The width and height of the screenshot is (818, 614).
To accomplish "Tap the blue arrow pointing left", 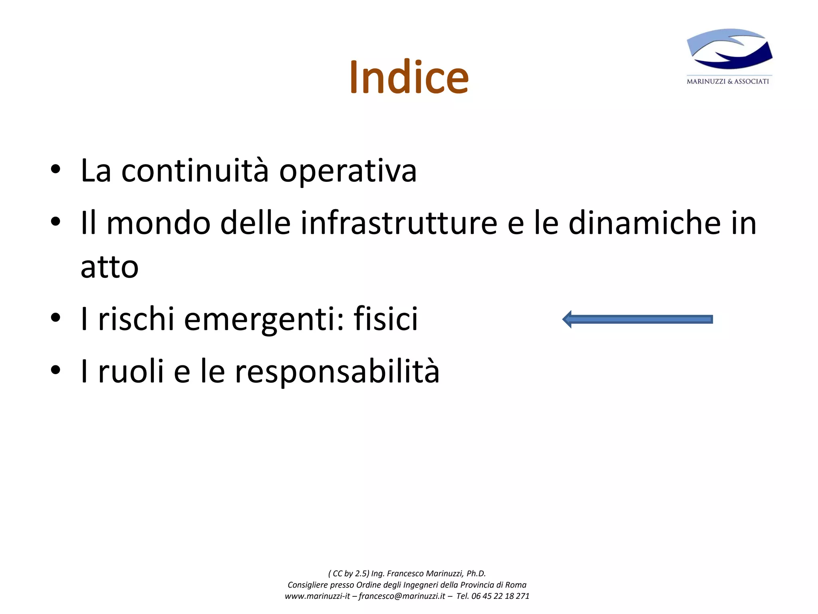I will (637, 319).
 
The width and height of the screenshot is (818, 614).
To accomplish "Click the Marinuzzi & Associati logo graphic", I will (729, 49).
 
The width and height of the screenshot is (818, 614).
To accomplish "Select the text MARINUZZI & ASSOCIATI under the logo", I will (728, 82).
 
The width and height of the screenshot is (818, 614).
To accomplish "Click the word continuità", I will (195, 171).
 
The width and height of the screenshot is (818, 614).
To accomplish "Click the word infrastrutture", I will (399, 223).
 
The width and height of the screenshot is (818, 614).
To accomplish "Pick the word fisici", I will (385, 319).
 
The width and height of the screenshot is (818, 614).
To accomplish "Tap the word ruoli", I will (131, 371).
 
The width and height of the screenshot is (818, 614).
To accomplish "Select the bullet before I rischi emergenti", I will (56, 318).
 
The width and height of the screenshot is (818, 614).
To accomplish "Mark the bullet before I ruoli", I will (56, 370).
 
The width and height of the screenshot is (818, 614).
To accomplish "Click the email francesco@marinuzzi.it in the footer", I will (401, 596).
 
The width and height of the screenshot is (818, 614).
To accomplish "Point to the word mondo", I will (158, 223).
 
